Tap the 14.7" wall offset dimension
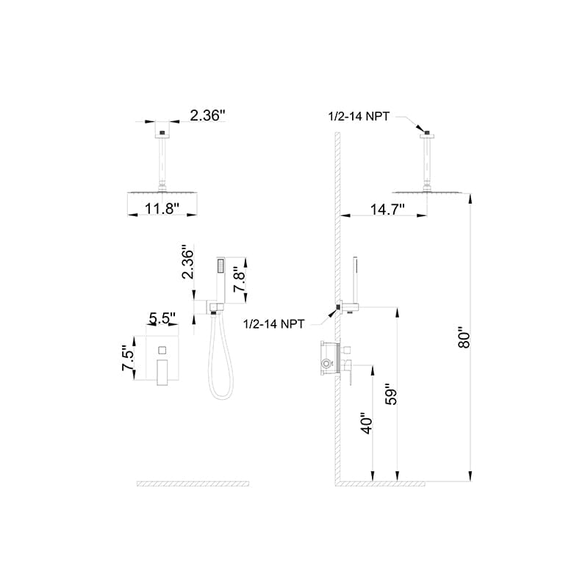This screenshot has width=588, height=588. pyautogui.click(x=388, y=209)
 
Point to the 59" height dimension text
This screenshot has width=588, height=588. pyautogui.click(x=391, y=394)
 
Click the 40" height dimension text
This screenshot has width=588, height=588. pyautogui.click(x=367, y=424)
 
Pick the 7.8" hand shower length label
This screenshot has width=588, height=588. pyautogui.click(x=239, y=279)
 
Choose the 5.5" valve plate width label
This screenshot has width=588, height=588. pyautogui.click(x=162, y=318)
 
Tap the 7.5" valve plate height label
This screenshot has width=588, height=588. pyautogui.click(x=128, y=358)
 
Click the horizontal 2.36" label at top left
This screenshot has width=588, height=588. pyautogui.click(x=207, y=115)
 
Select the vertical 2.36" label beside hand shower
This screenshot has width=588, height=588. pyautogui.click(x=187, y=262)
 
